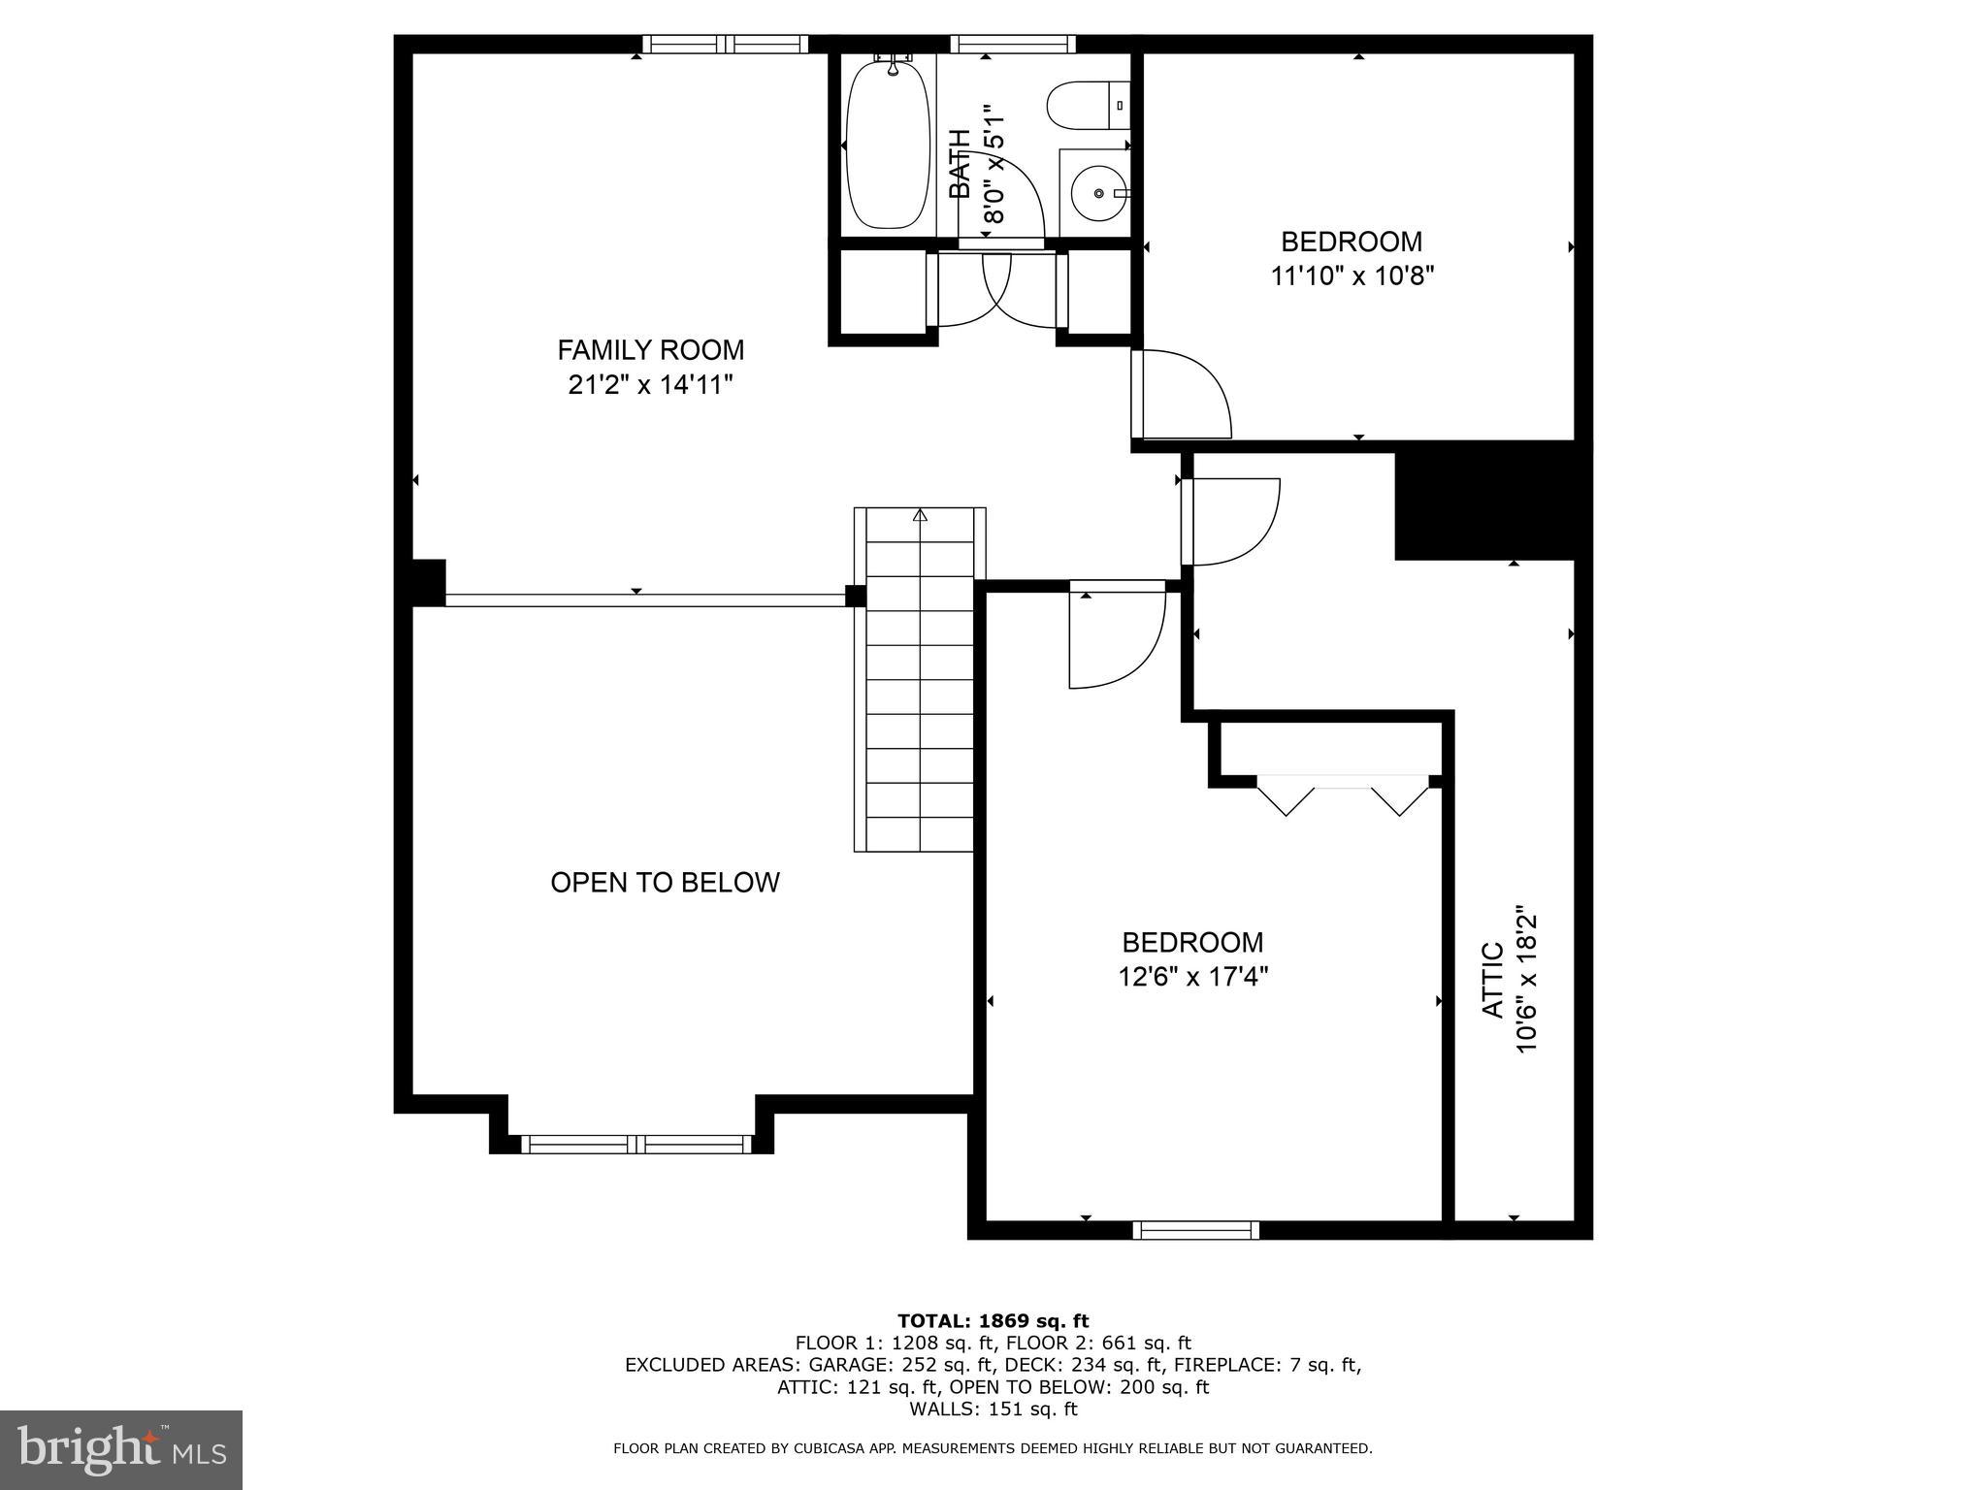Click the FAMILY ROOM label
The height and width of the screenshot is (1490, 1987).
[x=650, y=349]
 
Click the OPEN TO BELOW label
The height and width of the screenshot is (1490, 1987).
[x=665, y=882]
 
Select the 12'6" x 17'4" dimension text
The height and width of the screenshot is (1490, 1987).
[x=1192, y=976]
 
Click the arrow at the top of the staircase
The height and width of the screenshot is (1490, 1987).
[x=920, y=515]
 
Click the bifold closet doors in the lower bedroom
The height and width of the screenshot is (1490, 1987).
[x=1343, y=794]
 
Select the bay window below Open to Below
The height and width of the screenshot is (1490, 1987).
[x=636, y=1144]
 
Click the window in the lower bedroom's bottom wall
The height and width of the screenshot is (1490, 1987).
[x=1195, y=1230]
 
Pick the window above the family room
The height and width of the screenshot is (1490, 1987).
[x=725, y=44]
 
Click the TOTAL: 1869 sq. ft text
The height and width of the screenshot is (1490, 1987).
[x=993, y=1320]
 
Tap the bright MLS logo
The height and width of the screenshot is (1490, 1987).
[x=121, y=1449]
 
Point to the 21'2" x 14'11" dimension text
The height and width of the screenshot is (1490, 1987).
[x=650, y=385]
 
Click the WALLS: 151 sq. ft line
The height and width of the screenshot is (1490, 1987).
[x=993, y=1409]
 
